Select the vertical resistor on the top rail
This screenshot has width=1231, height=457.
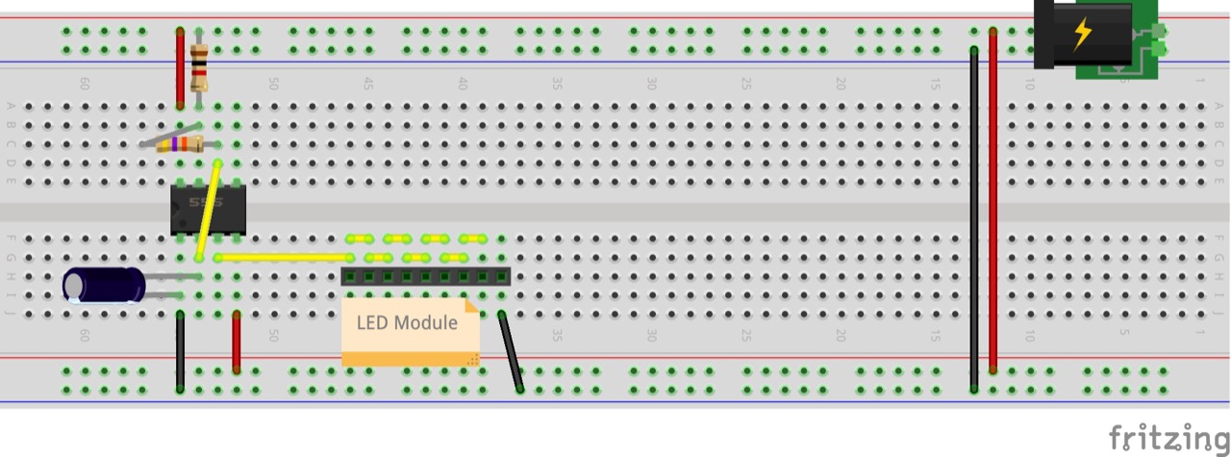(199, 67)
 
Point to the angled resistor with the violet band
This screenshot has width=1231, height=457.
(179, 144)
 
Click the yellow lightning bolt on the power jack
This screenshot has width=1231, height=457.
(1082, 34)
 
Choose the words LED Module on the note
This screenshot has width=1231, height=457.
(407, 322)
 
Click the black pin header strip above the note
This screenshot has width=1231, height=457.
(425, 277)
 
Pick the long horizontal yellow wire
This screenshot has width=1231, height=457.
(284, 258)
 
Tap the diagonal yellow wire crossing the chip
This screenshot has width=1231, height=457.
(209, 210)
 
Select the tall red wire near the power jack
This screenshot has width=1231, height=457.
(992, 202)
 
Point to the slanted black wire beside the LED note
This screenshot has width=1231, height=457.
(511, 352)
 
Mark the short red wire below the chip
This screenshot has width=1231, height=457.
(237, 342)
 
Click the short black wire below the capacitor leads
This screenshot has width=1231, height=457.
(180, 351)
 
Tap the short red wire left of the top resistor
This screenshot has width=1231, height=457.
(180, 67)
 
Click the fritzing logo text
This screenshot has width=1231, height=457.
(1168, 438)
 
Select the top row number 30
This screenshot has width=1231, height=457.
(651, 85)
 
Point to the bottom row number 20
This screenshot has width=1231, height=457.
(841, 336)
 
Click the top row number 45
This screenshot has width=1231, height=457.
(367, 85)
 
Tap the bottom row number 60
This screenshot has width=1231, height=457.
(85, 336)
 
